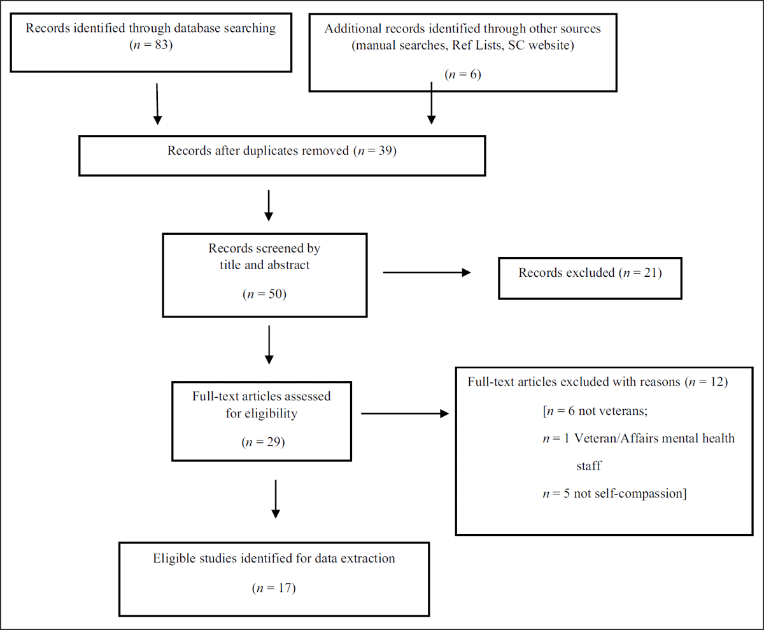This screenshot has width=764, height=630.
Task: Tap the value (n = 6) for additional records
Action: (463, 74)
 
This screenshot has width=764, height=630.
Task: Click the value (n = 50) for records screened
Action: (265, 294)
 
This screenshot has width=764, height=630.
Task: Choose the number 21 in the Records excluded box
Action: (651, 273)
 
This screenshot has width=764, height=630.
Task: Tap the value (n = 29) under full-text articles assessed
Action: (263, 442)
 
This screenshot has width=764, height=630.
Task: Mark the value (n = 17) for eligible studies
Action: (274, 588)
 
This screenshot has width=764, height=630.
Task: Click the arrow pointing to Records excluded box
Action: (427, 272)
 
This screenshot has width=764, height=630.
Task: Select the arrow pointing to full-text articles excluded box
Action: (405, 414)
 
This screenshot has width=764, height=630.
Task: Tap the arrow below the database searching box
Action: (157, 104)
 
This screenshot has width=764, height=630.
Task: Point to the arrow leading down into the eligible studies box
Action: (276, 499)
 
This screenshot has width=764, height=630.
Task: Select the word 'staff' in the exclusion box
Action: (589, 466)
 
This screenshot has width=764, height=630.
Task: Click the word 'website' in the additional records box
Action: (549, 45)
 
